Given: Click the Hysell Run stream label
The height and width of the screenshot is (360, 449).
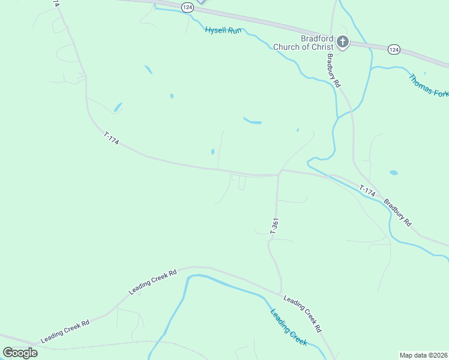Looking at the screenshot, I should pyautogui.click(x=223, y=29).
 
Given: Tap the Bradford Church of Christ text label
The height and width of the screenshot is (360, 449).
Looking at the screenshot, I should pyautogui.click(x=303, y=43).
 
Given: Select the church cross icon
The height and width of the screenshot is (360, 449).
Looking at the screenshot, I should pyautogui.click(x=342, y=41).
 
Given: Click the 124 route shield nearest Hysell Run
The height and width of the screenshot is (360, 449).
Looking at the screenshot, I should pyautogui.click(x=188, y=7).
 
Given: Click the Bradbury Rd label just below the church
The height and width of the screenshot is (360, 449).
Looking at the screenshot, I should pyautogui.click(x=333, y=71).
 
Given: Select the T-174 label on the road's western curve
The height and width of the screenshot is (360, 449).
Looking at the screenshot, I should pyautogui.click(x=112, y=139).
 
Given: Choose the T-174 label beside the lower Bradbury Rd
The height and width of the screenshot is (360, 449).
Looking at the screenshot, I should pyautogui.click(x=367, y=191).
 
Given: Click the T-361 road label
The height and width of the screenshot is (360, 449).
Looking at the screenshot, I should pyautogui.click(x=274, y=226).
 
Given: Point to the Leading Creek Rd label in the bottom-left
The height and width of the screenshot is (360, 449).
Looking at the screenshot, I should pyautogui.click(x=65, y=331).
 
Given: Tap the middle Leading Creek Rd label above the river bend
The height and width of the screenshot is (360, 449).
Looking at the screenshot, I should pyautogui.click(x=152, y=281).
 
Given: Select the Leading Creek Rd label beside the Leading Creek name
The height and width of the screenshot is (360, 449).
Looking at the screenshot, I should pyautogui.click(x=303, y=314).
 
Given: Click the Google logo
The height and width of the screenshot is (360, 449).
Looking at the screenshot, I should pyautogui.click(x=20, y=353).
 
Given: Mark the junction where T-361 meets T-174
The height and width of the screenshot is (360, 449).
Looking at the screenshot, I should pyautogui.click(x=279, y=174).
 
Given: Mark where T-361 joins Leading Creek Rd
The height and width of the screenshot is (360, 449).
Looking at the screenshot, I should pyautogui.click(x=281, y=293).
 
